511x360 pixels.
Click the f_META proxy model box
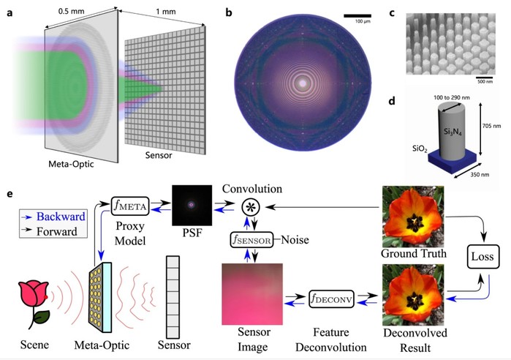tap(130, 206)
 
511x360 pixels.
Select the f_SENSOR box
tap(251, 240)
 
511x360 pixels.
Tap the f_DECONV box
tap(331, 299)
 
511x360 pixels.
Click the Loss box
tap(483, 257)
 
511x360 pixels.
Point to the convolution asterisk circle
tap(251, 207)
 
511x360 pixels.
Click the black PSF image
tap(192, 205)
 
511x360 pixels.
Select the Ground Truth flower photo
tap(413, 217)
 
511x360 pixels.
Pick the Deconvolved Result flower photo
tap(413, 294)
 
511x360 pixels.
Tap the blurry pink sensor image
tap(252, 294)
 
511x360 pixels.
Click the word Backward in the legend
tap(61, 217)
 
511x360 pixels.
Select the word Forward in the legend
tap(57, 231)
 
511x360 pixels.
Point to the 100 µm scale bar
tap(357, 15)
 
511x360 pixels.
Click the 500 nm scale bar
tap(485, 78)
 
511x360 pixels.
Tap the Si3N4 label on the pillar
tap(453, 132)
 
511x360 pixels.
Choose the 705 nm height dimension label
tap(492, 126)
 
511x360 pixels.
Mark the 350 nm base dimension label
tap(480, 174)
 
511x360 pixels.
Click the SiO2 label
tap(420, 149)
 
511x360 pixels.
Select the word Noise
tap(295, 240)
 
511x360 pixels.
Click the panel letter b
tap(229, 12)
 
